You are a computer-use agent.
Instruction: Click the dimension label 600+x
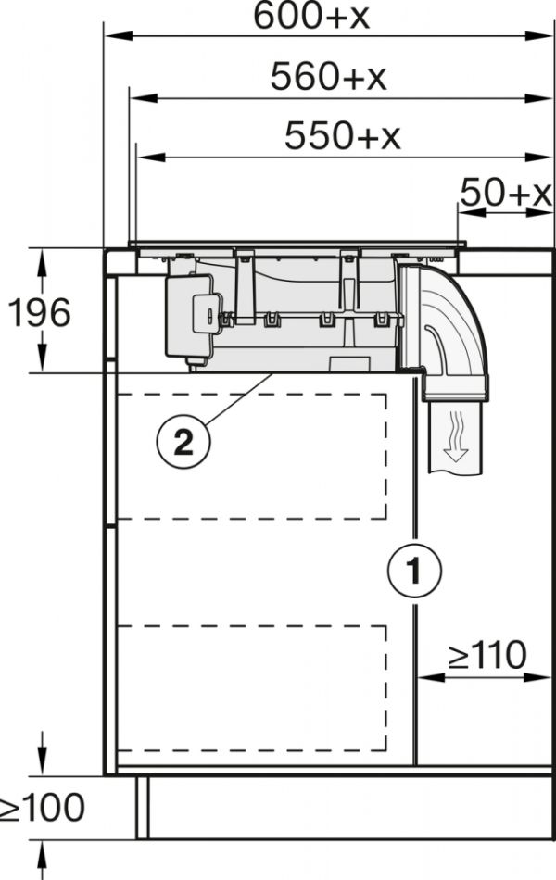click(x=311, y=16)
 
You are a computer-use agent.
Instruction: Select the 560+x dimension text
click(x=329, y=76)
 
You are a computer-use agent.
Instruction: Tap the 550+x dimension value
click(x=343, y=135)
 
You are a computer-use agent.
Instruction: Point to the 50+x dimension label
click(x=506, y=192)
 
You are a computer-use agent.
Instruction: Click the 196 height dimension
click(x=39, y=312)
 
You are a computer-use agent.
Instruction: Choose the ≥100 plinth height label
click(x=42, y=808)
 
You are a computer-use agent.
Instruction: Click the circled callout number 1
click(x=414, y=571)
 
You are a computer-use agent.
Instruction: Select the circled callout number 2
click(x=183, y=442)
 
